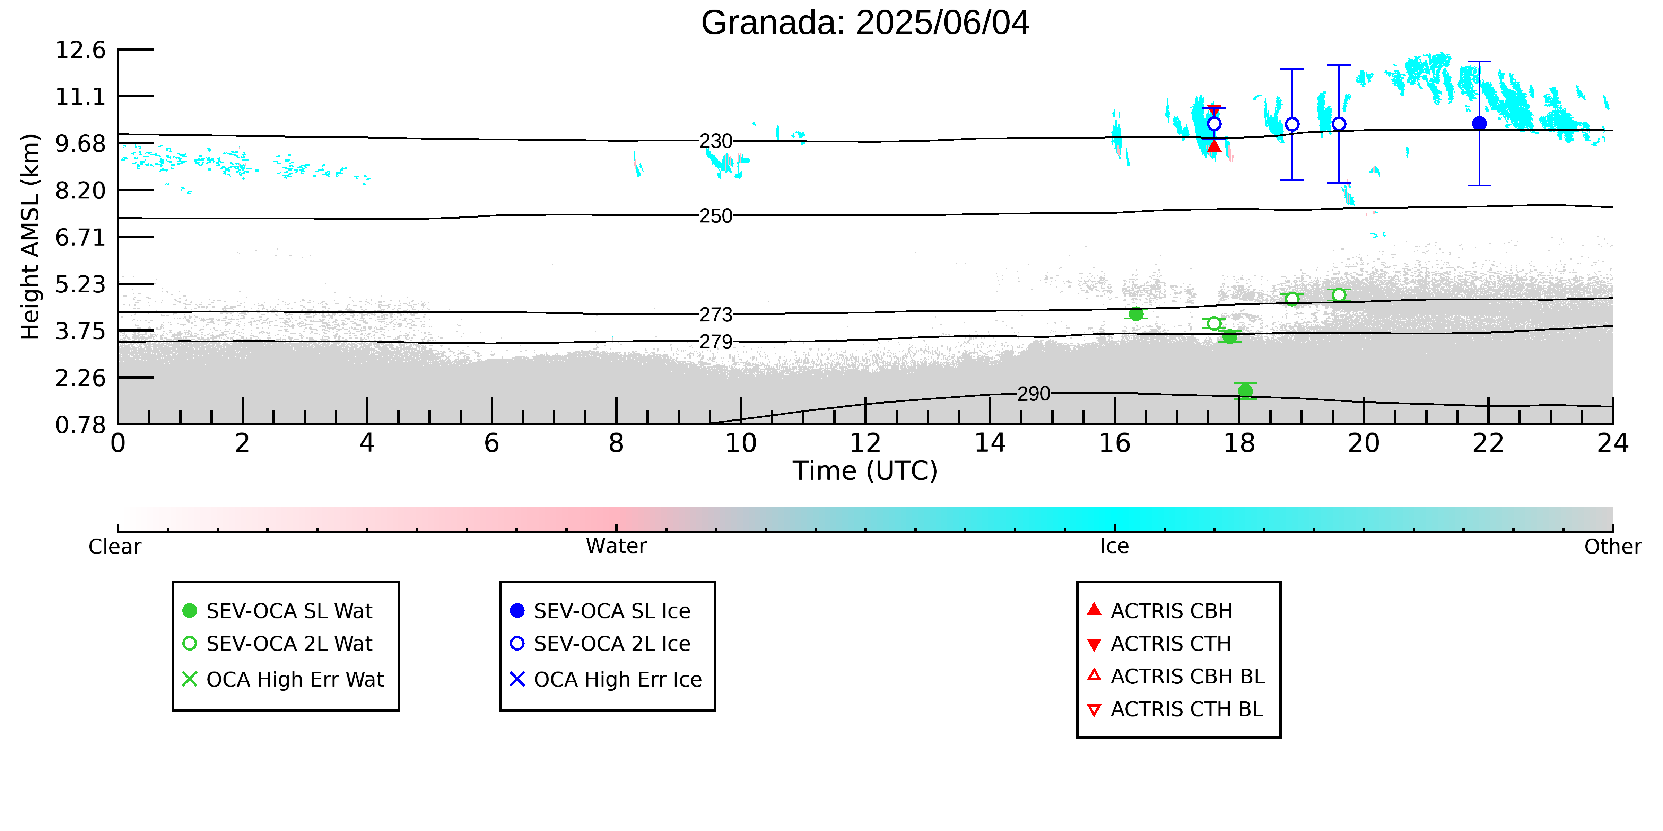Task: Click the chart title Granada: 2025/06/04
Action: [x=865, y=23]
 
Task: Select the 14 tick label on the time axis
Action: [x=990, y=443]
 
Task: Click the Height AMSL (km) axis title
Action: [x=31, y=237]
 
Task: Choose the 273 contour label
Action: [x=716, y=315]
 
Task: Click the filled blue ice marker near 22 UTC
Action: [x=1479, y=123]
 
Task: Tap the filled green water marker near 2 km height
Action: [x=1245, y=390]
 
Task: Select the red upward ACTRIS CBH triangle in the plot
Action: [x=1214, y=146]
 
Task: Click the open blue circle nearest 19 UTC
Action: [x=1292, y=124]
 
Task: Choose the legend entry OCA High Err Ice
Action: [x=606, y=679]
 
